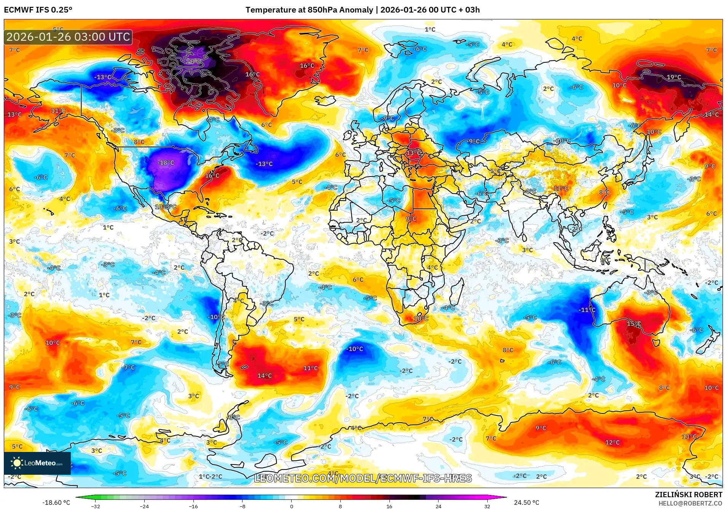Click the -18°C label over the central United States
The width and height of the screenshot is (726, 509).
[166, 163]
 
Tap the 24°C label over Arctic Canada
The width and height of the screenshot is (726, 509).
[193, 62]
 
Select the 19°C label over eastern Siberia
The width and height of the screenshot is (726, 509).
[673, 77]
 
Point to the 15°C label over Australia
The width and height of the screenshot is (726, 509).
[634, 324]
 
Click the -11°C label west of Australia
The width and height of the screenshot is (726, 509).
[587, 310]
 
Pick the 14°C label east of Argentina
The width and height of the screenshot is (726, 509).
[264, 376]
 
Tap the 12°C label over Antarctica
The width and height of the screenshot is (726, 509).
[612, 442]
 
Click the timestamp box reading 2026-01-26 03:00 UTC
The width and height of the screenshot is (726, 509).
[68, 37]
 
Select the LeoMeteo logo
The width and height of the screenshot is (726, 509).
[37, 463]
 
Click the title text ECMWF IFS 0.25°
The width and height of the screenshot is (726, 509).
[38, 10]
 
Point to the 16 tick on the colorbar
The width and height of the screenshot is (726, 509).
[389, 506]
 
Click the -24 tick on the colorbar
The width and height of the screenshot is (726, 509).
[144, 506]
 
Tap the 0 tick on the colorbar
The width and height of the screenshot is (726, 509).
[291, 506]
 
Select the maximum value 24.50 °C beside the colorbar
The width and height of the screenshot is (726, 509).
[526, 503]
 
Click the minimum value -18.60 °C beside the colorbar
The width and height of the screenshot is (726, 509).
[56, 503]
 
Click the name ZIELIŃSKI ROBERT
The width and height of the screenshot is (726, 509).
[688, 495]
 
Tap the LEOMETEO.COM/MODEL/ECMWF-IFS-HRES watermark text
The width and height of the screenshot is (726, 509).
[362, 478]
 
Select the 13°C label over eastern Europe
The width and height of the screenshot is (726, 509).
[414, 153]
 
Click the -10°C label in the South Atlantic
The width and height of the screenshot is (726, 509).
[354, 349]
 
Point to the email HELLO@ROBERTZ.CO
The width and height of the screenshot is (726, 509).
[690, 503]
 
